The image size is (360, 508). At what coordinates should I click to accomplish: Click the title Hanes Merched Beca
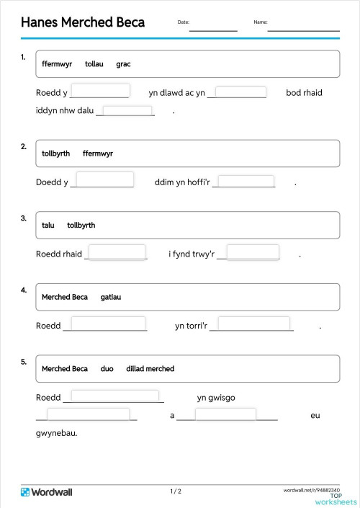coord(83,22)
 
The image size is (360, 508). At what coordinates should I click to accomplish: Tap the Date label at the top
coord(183,22)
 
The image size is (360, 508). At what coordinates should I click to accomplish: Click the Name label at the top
coord(260,22)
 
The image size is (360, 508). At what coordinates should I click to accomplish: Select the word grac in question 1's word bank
coord(123,64)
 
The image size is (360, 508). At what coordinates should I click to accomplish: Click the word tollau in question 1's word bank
coord(94,64)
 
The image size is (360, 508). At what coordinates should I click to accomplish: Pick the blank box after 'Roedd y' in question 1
coord(100,91)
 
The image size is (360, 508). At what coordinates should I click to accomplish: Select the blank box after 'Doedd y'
coord(104,179)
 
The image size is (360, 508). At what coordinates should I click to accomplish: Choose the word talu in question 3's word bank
coord(48,226)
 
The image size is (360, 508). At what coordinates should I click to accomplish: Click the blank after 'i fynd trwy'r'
coord(253,252)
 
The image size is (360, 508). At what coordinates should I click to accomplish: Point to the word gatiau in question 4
coord(111,297)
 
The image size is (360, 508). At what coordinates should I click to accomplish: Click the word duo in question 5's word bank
coord(107,369)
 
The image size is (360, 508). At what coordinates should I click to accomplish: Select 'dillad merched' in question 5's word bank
coord(150,369)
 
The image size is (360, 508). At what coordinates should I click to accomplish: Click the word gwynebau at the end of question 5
coord(56,433)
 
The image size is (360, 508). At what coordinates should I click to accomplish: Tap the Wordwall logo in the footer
coord(47,492)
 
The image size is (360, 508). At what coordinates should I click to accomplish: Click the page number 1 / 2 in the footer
coord(176,491)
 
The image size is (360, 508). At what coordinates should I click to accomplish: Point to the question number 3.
coord(24,218)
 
